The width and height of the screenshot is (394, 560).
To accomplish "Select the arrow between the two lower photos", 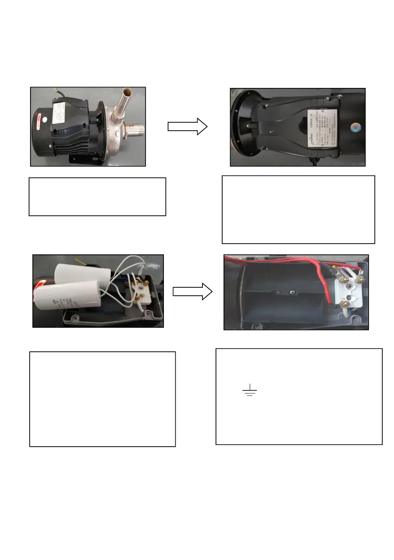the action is click(193, 292).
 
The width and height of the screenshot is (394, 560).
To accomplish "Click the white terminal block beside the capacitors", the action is click(140, 292).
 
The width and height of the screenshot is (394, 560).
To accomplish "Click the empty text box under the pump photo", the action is click(98, 197).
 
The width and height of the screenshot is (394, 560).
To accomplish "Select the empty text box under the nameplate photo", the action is click(298, 210).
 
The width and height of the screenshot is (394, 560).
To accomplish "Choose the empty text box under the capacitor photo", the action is click(102, 399).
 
